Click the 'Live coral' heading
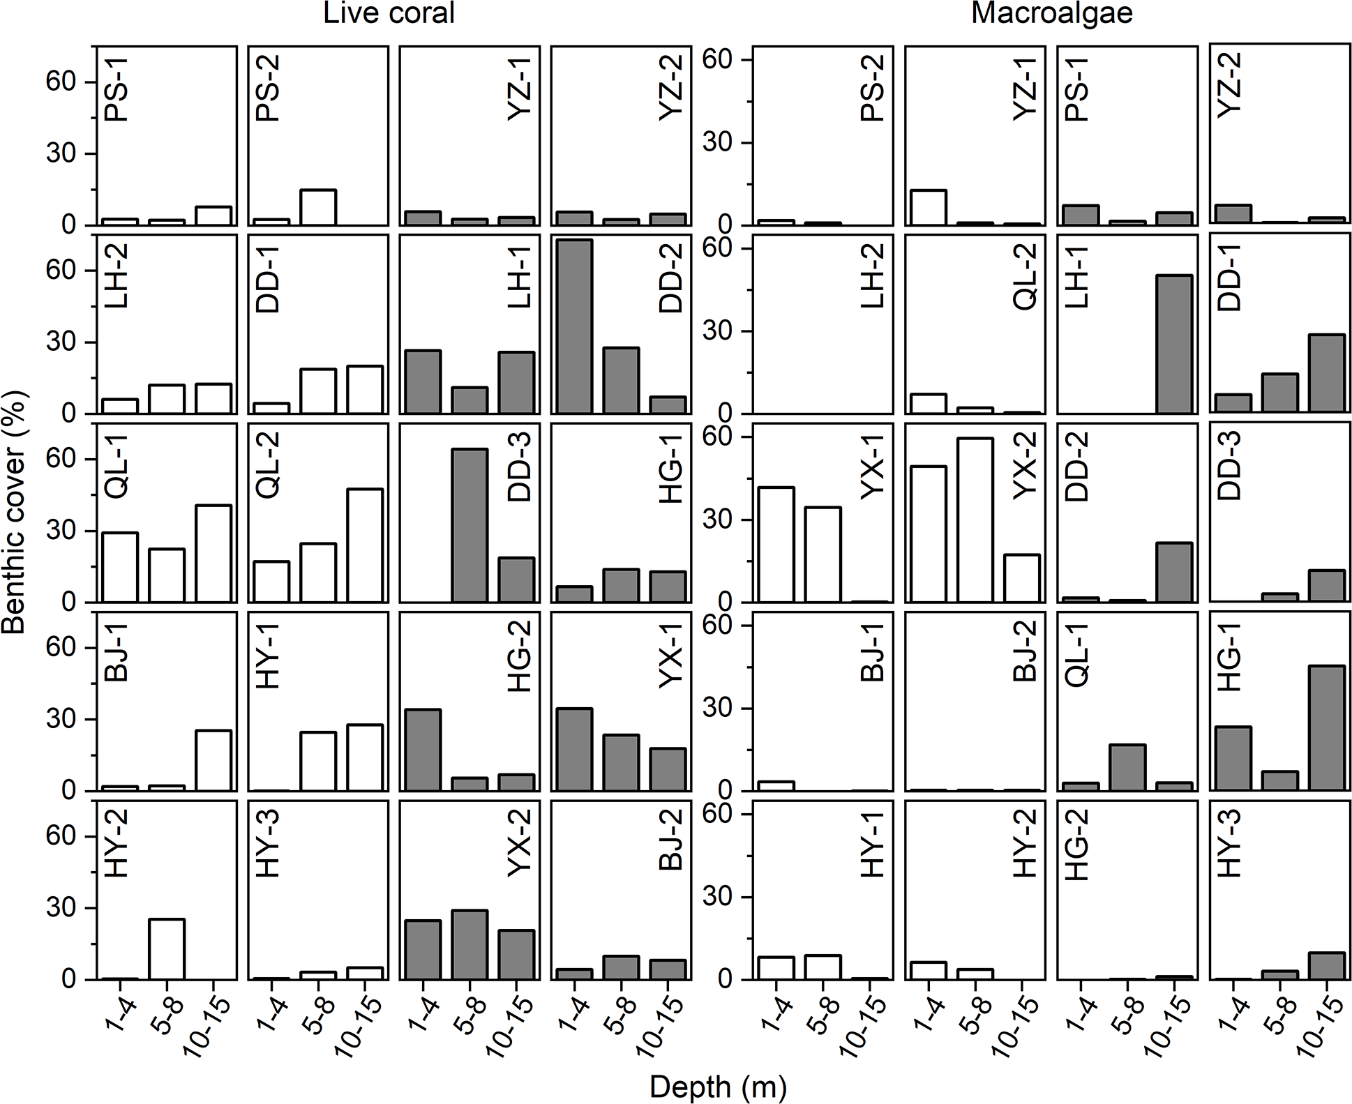point(389,14)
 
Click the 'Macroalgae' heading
point(1051,14)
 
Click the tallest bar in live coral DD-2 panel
point(574,326)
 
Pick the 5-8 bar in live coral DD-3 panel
point(470,525)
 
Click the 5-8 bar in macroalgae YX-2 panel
point(975,520)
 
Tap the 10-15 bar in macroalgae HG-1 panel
point(1326,728)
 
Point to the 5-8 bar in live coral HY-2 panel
point(167,949)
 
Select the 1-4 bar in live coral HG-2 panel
point(423,750)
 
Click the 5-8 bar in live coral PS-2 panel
point(318,207)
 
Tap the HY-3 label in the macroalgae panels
point(1231,852)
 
